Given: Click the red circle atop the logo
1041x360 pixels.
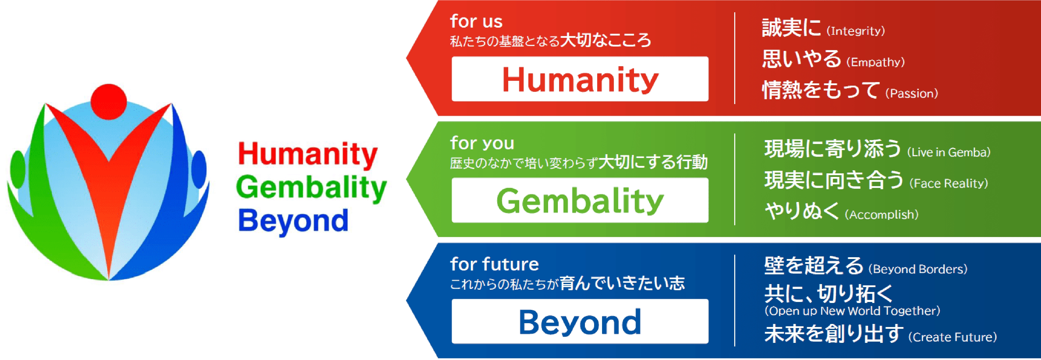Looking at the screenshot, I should coord(109,102).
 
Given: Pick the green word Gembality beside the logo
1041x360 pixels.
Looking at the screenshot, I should coord(311,188).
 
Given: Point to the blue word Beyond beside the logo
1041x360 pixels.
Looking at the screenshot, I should coord(293,221).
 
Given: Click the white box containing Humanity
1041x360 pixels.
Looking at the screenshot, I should coord(580,79).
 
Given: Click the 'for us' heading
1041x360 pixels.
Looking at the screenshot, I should coord(476,21).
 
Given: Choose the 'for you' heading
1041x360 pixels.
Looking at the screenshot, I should coord(482,143).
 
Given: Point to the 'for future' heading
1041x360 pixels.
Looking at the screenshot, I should coord(494,264).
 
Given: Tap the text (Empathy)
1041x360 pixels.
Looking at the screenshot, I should coord(875,62).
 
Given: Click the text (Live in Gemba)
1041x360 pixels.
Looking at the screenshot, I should coord(948,152).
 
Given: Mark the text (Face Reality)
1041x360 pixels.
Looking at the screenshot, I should coord(948,183).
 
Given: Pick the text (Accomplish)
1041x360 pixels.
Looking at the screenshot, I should coord(881,215).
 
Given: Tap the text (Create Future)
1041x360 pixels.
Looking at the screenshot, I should coord(952,337).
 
